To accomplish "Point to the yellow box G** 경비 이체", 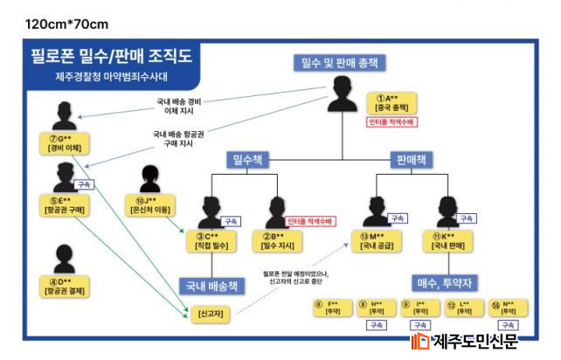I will [x=65, y=143].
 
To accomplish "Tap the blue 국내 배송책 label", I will [x=208, y=286].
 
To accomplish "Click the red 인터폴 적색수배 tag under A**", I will [x=391, y=121].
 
